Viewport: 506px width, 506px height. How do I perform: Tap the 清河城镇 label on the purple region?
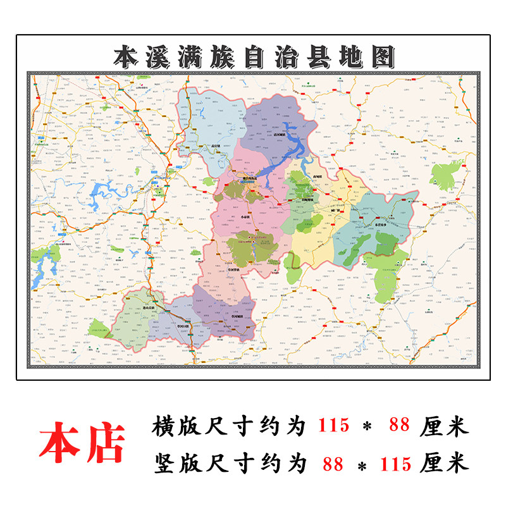pyautogui.click(x=279, y=135)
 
